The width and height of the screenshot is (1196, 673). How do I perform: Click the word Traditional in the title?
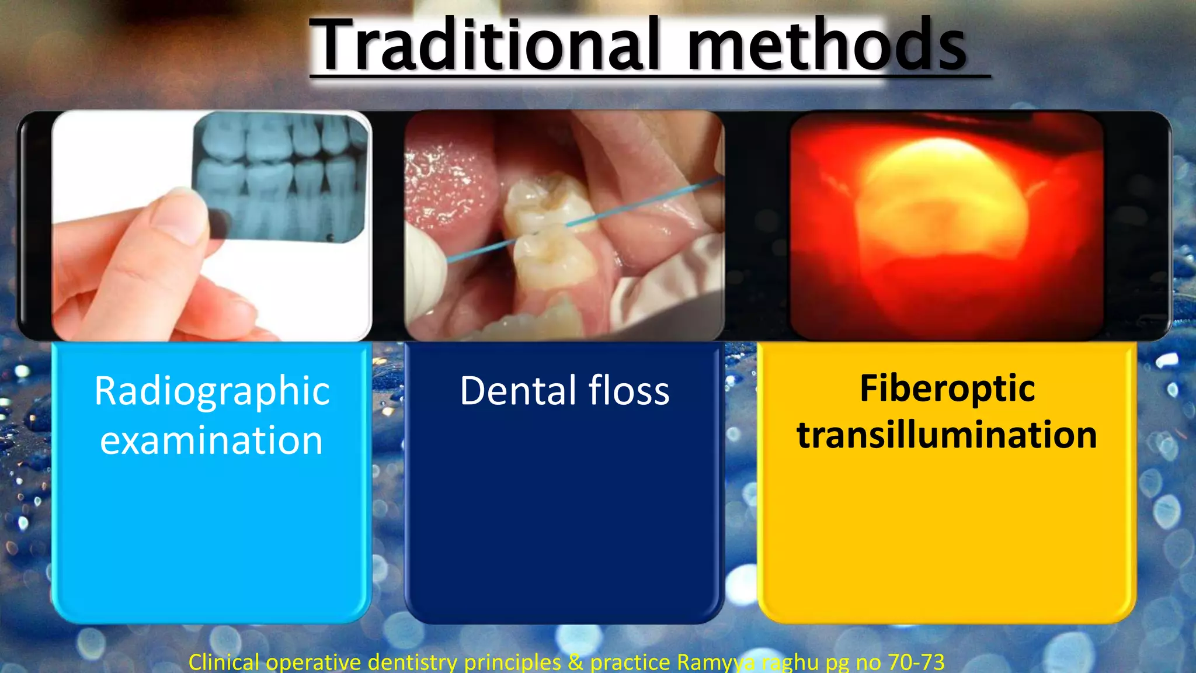pos(485,46)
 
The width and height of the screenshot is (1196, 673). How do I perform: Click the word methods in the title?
pos(826,46)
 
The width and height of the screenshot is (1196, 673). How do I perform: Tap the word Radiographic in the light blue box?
pos(212,391)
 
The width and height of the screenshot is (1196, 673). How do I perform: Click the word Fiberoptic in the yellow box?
pos(947,388)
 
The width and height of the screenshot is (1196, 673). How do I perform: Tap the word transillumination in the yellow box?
pos(947,435)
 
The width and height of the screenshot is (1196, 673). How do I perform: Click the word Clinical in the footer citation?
pos(224,662)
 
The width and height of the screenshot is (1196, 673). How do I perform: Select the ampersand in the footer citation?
pos(575,662)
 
